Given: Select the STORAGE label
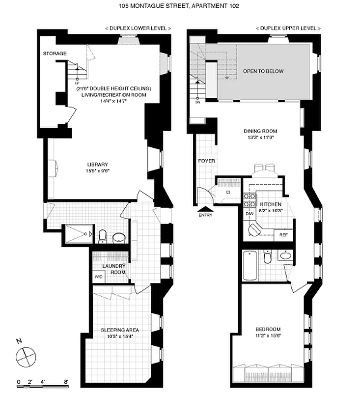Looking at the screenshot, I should [x=55, y=53].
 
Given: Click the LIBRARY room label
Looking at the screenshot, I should [x=97, y=164].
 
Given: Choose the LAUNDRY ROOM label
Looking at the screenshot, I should [x=114, y=269].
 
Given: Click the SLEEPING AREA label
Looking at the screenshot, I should [x=120, y=330].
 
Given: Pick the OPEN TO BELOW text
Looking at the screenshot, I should [x=263, y=71].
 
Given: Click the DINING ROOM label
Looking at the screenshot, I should [x=260, y=131].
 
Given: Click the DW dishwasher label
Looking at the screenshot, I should [x=249, y=214].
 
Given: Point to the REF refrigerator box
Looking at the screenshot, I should [x=283, y=235].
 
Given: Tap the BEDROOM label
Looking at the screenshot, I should [x=268, y=329].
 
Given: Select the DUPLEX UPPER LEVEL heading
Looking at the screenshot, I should [x=288, y=29].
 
